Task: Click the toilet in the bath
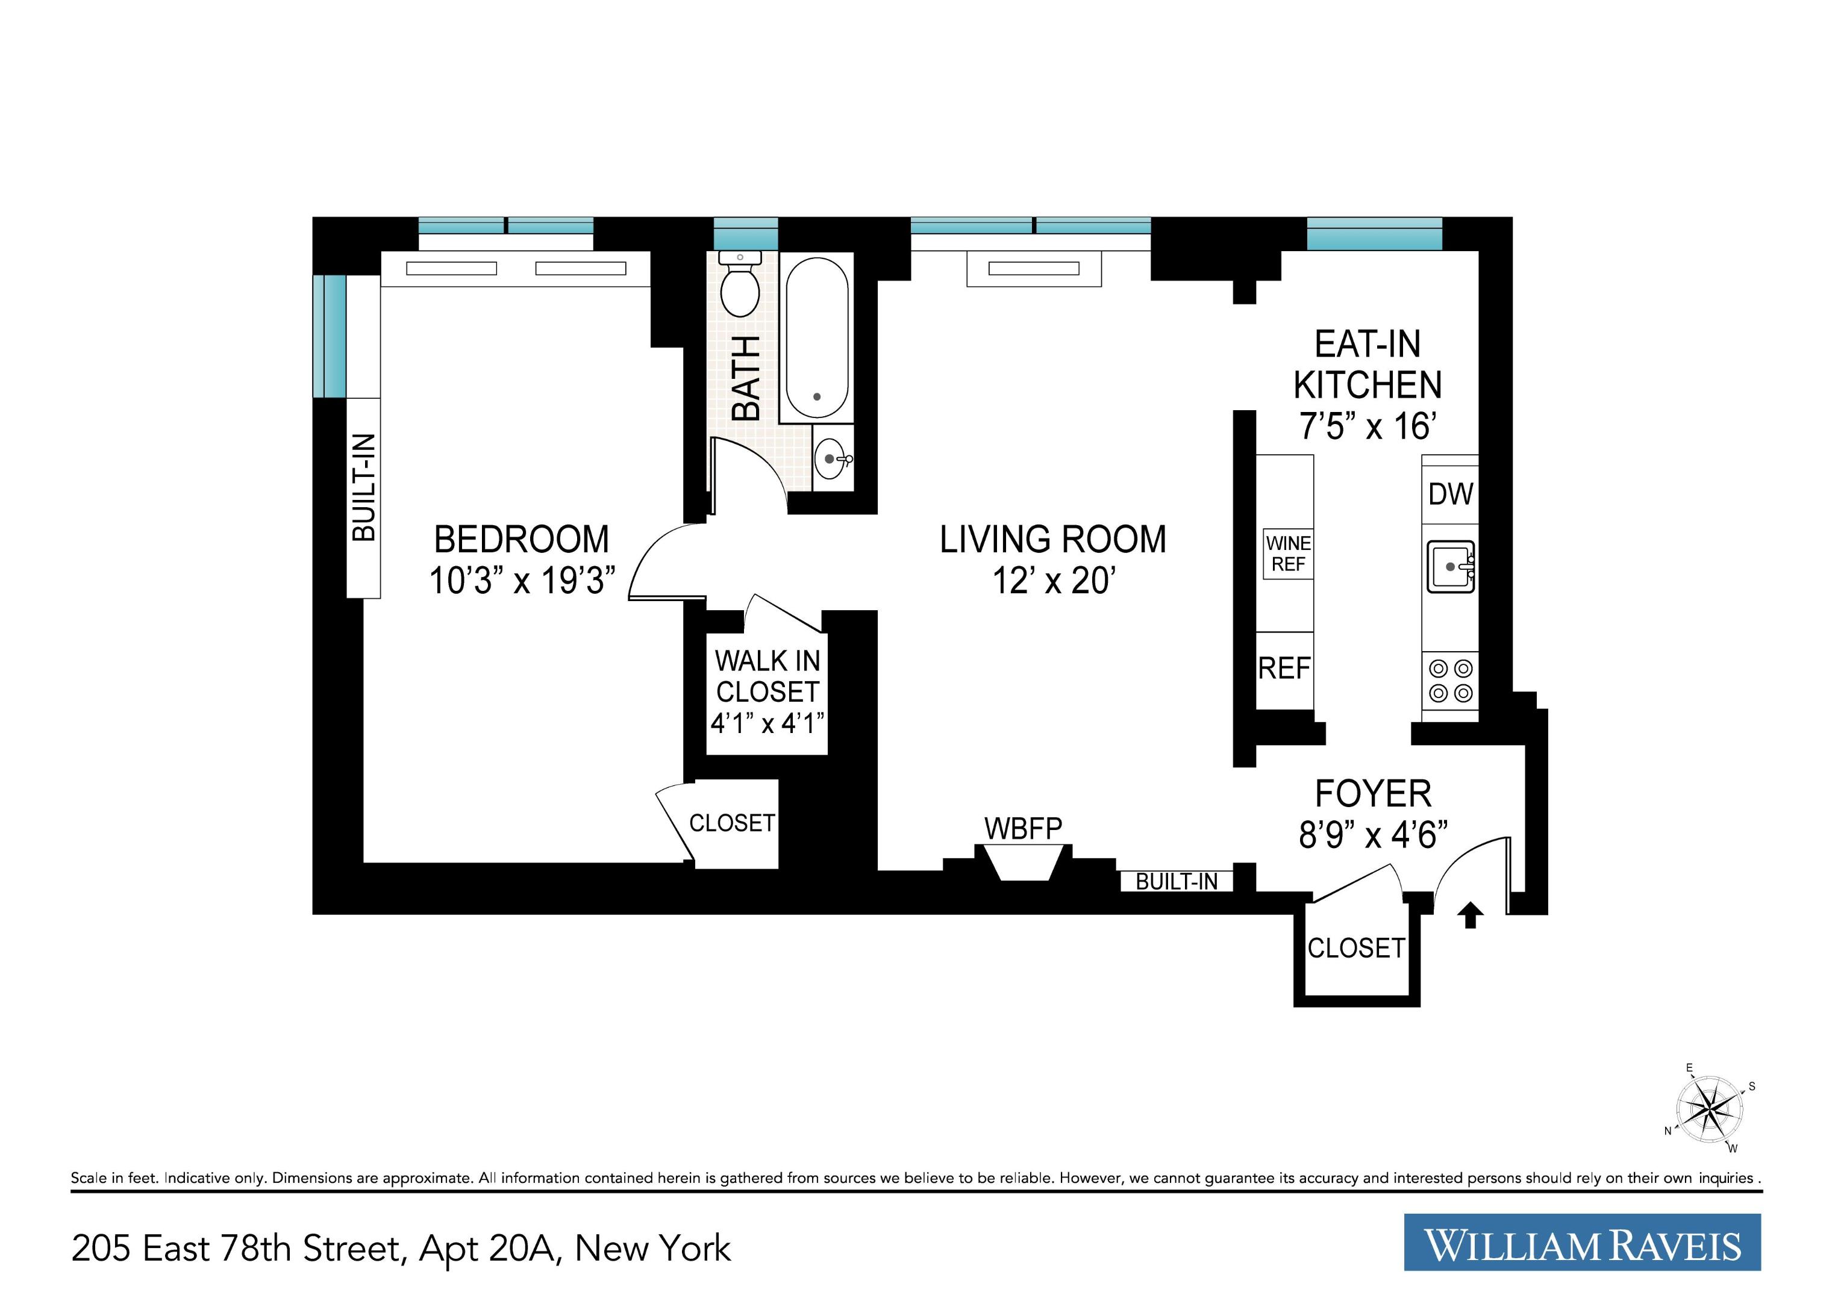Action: pos(740,289)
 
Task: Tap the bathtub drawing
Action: pos(816,337)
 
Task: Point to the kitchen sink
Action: pos(1450,566)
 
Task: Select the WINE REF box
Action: pos(1287,554)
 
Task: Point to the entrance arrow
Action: pos(1469,915)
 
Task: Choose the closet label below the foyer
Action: pos(1355,949)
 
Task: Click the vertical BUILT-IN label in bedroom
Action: pos(364,487)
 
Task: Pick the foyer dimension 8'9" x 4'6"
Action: pos(1372,835)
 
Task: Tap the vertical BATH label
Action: pos(746,378)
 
